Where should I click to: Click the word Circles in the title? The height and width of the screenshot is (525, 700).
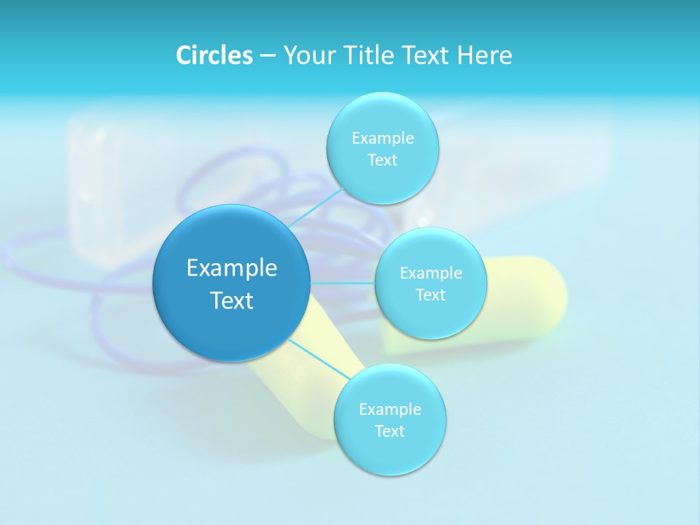[214, 55]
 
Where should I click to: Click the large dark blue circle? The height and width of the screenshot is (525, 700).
[231, 283]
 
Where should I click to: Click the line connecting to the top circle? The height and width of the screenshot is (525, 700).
[315, 207]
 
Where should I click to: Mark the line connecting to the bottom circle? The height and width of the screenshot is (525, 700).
[318, 359]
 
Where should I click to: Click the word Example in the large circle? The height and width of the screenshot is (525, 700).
[231, 268]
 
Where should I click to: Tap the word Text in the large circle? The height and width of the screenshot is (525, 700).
[231, 300]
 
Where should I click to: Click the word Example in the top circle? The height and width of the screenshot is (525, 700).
[382, 138]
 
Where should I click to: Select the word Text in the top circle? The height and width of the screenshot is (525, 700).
[382, 160]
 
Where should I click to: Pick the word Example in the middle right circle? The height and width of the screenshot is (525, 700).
[430, 273]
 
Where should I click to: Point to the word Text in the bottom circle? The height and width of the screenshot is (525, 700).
[389, 431]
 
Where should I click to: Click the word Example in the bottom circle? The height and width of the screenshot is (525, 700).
[389, 409]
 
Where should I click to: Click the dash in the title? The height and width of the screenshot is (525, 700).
[267, 56]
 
